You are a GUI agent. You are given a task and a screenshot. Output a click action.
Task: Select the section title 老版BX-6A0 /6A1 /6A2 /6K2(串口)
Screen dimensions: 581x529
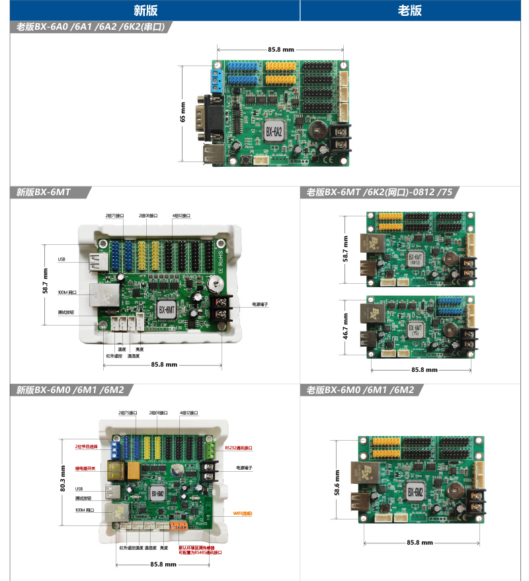(x=93, y=27)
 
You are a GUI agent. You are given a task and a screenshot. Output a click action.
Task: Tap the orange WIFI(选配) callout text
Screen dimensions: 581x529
(x=242, y=513)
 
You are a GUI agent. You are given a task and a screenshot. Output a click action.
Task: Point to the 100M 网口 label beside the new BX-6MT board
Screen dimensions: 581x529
(x=67, y=292)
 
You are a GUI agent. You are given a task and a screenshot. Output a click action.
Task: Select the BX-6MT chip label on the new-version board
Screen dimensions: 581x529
(x=167, y=308)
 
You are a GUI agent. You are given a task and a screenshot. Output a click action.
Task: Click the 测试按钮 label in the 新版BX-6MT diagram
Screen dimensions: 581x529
(x=65, y=313)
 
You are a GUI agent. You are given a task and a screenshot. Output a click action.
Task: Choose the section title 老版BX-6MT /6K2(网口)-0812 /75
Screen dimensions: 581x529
(x=380, y=193)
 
